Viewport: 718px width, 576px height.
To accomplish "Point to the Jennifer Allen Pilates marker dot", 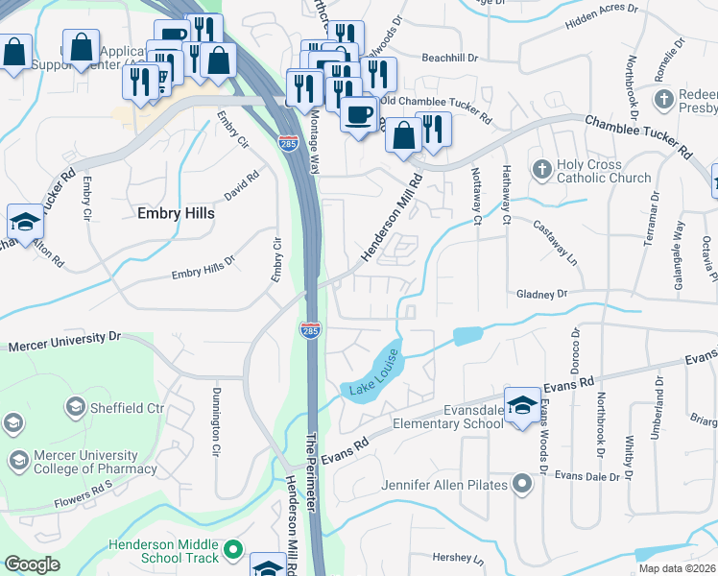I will click(522, 484).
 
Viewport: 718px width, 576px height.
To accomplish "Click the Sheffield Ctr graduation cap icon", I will click(75, 408).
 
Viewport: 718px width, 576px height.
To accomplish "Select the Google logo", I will click(32, 564).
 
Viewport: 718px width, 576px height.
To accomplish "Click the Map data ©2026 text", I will click(677, 568).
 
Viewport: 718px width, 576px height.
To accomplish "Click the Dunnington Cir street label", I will click(215, 422).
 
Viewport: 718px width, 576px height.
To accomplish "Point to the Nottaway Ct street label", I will click(475, 188).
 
